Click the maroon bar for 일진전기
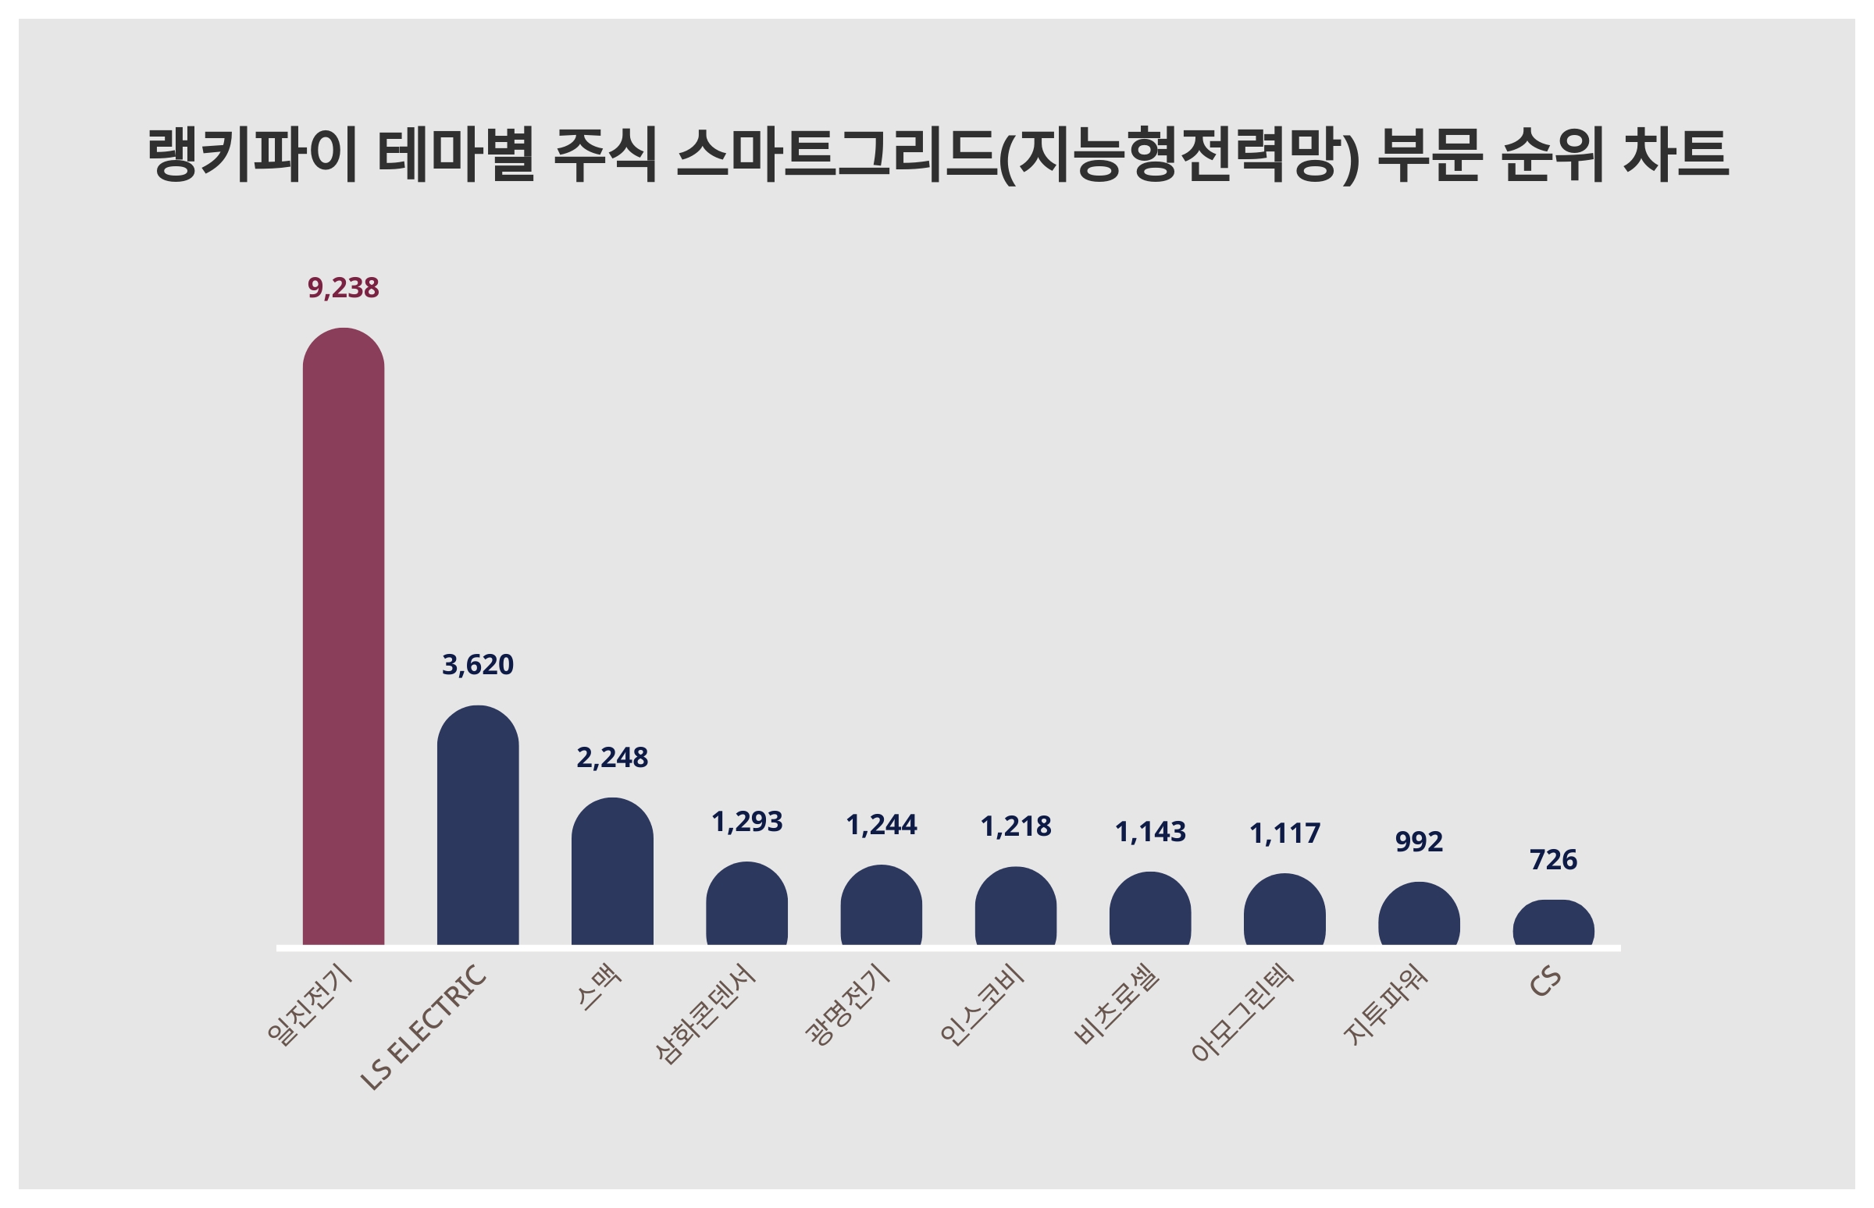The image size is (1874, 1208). point(343,636)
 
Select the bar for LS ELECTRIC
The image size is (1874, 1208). point(477,825)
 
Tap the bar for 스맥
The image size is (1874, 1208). point(612,872)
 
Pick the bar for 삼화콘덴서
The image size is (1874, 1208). point(746,904)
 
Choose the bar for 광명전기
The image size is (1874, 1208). point(881,905)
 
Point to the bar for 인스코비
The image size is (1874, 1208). point(1016,906)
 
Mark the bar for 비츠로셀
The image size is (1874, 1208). point(1149,908)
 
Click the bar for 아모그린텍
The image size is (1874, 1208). point(1284,909)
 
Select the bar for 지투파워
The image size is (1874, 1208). point(1419,914)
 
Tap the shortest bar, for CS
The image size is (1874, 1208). point(1553,922)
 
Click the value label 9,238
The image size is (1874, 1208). point(343,288)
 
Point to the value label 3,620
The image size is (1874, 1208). point(477,664)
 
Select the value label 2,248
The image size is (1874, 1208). point(612,757)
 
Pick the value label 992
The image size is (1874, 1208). point(1419,841)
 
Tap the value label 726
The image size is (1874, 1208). point(1553,860)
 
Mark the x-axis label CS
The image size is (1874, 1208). point(1544,982)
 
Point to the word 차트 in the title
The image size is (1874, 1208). point(1676,154)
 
